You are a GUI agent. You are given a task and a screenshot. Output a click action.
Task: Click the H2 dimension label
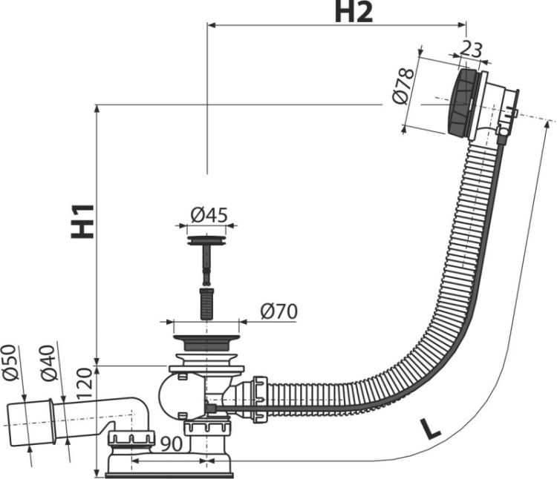354,13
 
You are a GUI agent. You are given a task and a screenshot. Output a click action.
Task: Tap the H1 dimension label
82,221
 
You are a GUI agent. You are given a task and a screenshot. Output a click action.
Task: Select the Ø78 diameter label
403,87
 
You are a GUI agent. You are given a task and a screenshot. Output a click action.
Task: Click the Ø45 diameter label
209,215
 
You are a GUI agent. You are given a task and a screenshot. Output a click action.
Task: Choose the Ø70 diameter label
278,312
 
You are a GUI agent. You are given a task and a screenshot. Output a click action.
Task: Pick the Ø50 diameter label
10,362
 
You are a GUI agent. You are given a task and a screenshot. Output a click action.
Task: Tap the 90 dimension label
172,444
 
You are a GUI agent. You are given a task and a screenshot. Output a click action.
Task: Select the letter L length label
430,429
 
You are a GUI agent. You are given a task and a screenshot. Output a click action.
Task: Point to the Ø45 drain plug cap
206,240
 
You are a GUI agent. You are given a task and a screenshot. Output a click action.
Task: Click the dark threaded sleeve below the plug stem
206,303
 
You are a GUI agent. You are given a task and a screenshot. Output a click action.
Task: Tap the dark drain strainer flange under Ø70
206,342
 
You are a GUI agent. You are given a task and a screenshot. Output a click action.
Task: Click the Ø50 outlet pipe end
31,423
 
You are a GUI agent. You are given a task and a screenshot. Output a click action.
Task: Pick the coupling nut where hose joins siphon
260,399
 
